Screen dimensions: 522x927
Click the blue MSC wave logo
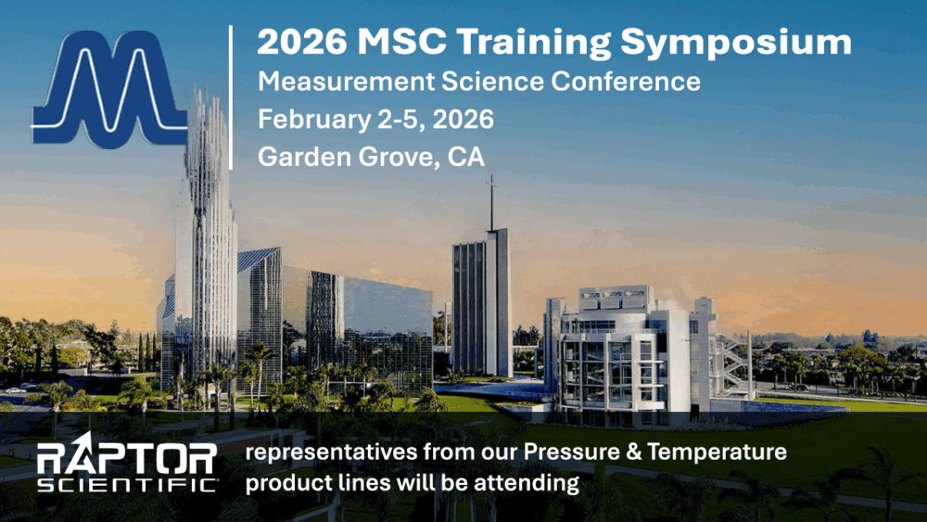(x=110, y=91)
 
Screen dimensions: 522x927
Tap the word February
(x=309, y=120)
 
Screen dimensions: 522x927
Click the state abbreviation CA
(x=465, y=158)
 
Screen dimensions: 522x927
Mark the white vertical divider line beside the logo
(x=231, y=97)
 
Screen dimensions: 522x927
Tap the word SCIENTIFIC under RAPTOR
(x=126, y=484)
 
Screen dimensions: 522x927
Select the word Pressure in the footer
(x=571, y=453)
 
